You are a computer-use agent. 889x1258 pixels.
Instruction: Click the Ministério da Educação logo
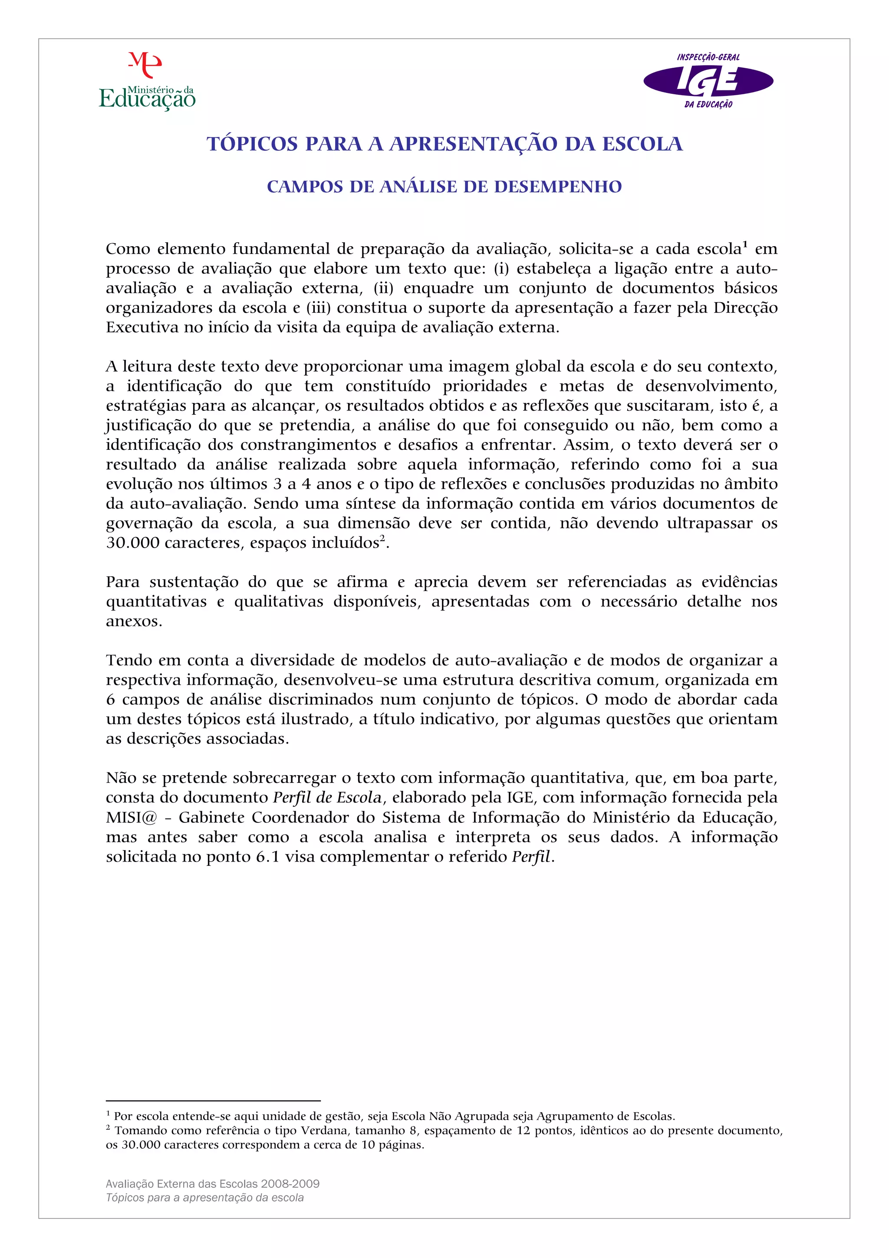pos(147,82)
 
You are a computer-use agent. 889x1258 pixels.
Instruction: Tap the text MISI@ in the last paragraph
pos(132,818)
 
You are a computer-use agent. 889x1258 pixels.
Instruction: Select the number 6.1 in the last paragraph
pos(268,857)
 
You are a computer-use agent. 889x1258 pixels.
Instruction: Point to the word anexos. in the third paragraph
pos(134,621)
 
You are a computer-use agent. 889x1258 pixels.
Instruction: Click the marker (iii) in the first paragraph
pos(318,308)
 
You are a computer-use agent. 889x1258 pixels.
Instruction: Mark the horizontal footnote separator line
pos(213,1101)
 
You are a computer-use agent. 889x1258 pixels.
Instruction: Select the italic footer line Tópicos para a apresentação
pos(205,1198)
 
